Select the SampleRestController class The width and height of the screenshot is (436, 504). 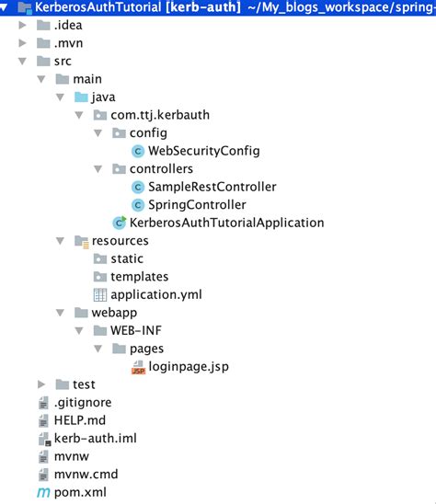pyautogui.click(x=212, y=187)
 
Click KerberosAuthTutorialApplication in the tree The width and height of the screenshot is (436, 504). pyautogui.click(x=226, y=223)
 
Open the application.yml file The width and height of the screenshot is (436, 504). pyautogui.click(x=155, y=294)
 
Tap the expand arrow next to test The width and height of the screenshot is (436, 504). pyautogui.click(x=41, y=384)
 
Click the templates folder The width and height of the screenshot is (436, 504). pyautogui.click(x=139, y=276)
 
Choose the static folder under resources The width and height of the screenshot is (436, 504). pyautogui.click(x=126, y=258)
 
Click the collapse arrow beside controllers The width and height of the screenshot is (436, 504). pyautogui.click(x=98, y=169)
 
